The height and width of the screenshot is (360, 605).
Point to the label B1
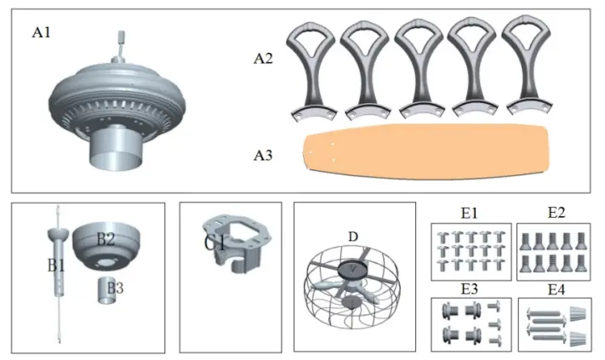pos(55,265)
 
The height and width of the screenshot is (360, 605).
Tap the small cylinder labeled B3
pos(106,289)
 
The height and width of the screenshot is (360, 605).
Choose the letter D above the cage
pos(351,236)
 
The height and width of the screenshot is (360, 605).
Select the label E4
pos(555,289)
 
